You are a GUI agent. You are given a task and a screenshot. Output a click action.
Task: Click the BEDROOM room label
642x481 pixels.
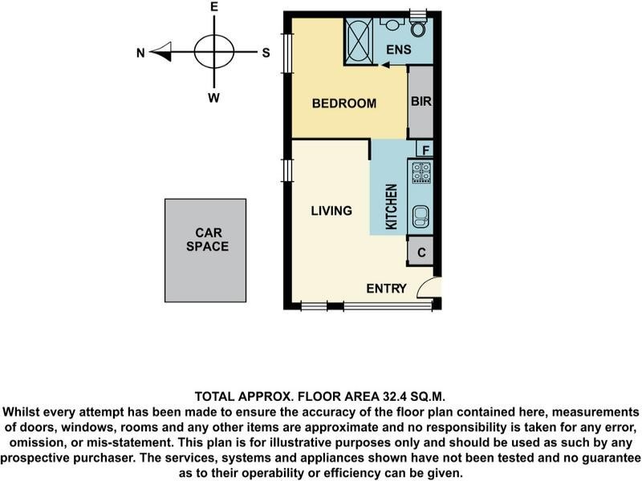pos(344,103)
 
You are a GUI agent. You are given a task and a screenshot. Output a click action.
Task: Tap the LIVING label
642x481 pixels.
pos(331,211)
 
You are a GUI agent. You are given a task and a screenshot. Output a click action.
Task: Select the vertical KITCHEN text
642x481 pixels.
pos(392,207)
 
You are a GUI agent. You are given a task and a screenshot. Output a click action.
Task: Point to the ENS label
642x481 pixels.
pos(398,50)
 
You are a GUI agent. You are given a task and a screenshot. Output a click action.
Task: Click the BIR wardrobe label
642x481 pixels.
pos(421,101)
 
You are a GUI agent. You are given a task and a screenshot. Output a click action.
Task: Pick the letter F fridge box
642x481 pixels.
pos(425,149)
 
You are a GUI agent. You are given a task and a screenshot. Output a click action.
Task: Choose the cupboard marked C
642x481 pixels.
pos(421,252)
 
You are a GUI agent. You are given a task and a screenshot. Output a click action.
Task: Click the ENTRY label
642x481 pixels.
pos(386,289)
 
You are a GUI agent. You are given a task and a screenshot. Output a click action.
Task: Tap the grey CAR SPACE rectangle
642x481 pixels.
pos(205,250)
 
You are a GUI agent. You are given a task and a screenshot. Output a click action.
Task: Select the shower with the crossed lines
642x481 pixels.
pos(359,42)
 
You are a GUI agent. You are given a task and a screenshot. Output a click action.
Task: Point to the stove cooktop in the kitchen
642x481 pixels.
pos(421,172)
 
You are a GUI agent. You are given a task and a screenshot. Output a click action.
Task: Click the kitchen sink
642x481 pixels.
pos(421,216)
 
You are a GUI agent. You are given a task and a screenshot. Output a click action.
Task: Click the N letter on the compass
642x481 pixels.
pos(140,53)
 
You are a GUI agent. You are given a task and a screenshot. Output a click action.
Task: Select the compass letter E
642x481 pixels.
pos(214,7)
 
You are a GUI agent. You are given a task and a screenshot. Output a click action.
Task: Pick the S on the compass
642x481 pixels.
pos(266,53)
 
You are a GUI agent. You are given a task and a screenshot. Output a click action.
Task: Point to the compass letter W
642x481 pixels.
pos(213,98)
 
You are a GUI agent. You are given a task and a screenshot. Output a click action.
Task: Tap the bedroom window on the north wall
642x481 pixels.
pos(288,53)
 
